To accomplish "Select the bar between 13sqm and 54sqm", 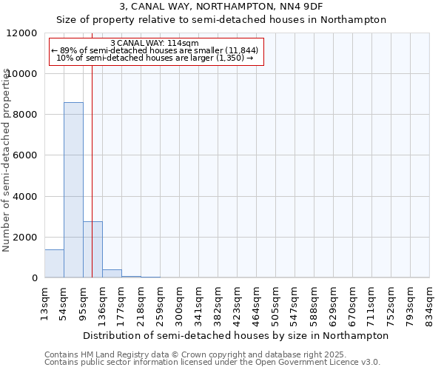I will coord(54,263).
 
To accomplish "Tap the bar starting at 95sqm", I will coord(92,249).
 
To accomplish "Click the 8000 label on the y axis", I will coord(28,115).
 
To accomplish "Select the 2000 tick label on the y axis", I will coord(28,238).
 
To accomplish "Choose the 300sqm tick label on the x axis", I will coord(179,302).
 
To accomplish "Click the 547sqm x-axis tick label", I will coord(295,302).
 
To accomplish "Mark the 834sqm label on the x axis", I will coord(429,302).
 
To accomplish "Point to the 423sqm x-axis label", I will coord(237,302).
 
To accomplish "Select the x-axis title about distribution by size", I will coord(236,335).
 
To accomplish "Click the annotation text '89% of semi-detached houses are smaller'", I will coord(156,50).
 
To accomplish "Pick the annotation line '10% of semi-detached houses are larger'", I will coord(155,57).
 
